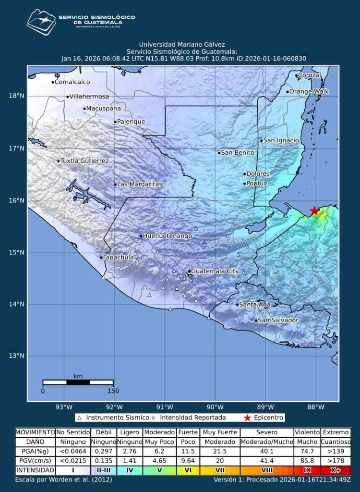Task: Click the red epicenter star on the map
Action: click(x=314, y=210)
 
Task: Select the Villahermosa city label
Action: click(x=89, y=97)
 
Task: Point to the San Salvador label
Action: click(x=278, y=320)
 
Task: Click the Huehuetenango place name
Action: click(x=168, y=236)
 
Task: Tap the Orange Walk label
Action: click(x=308, y=92)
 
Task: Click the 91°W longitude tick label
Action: click(x=165, y=408)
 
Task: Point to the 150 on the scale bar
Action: click(x=113, y=391)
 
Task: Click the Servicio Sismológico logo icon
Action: click(x=41, y=23)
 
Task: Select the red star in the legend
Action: click(x=248, y=418)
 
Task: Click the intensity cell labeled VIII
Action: click(x=266, y=470)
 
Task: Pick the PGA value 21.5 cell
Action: click(x=220, y=451)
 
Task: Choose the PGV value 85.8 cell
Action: click(x=307, y=461)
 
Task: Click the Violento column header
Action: click(x=307, y=432)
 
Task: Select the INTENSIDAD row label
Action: click(x=35, y=470)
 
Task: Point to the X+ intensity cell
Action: click(x=336, y=470)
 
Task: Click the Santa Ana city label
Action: click(x=254, y=305)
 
